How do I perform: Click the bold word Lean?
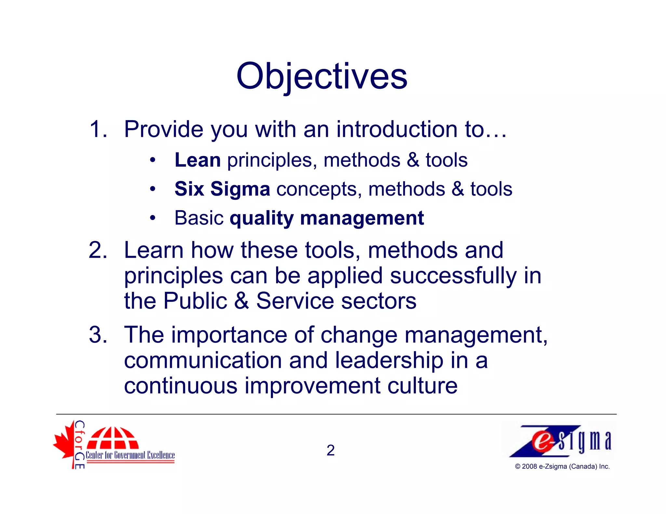tap(197, 160)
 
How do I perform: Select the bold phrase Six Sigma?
tap(222, 189)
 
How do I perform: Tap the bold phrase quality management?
tap(326, 218)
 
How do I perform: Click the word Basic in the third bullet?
tap(199, 218)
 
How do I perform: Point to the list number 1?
tap(98, 129)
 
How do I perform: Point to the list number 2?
tap(98, 251)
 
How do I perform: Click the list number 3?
tap(98, 335)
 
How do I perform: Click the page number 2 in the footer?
tap(330, 450)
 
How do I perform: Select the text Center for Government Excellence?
tap(130, 455)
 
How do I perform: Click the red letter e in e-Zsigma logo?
tap(541, 442)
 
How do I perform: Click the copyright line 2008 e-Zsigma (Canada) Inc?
tap(562, 467)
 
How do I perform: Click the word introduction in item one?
tap(397, 129)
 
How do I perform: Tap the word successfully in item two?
tap(453, 276)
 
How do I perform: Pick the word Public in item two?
tap(195, 301)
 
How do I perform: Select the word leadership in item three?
tap(389, 360)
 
